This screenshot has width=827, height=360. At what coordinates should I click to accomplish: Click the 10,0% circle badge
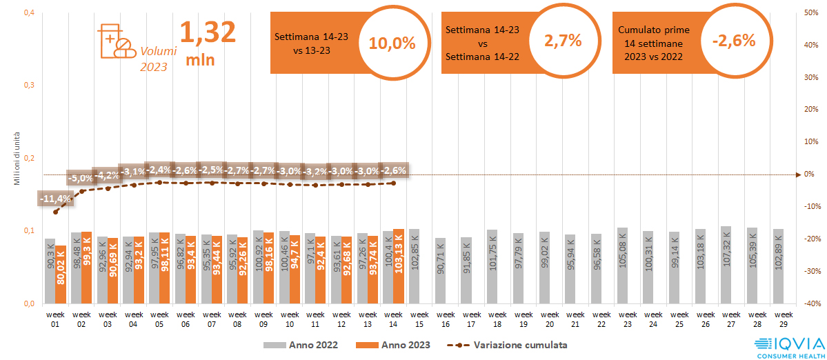tap(392, 43)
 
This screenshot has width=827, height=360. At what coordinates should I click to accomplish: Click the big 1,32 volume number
tap(208, 32)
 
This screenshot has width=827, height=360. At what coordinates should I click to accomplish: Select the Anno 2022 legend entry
tap(299, 344)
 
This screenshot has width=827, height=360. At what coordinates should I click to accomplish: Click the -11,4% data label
tap(55, 199)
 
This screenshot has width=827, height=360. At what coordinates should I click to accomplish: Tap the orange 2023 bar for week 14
tap(399, 266)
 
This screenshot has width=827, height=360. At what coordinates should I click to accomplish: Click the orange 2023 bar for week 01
tap(61, 274)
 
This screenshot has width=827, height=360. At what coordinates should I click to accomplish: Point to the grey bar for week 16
tap(440, 270)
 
